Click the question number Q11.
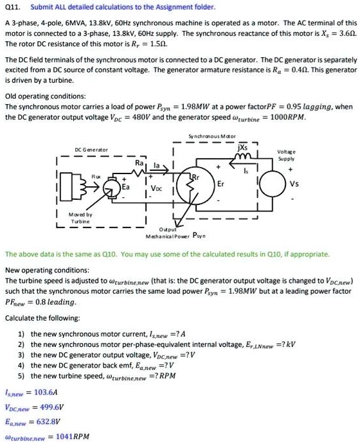12,7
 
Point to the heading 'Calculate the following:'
42,317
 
